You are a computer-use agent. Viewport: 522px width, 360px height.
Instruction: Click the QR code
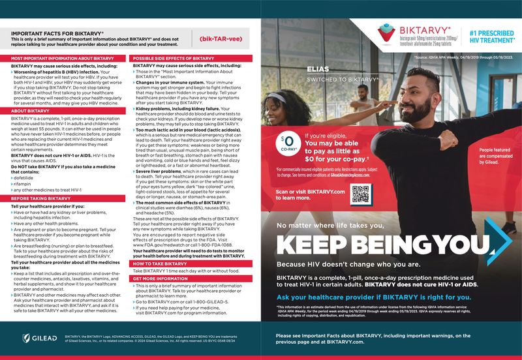coord(361,194)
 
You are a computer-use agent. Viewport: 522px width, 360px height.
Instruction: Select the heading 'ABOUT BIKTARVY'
coord(32,111)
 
